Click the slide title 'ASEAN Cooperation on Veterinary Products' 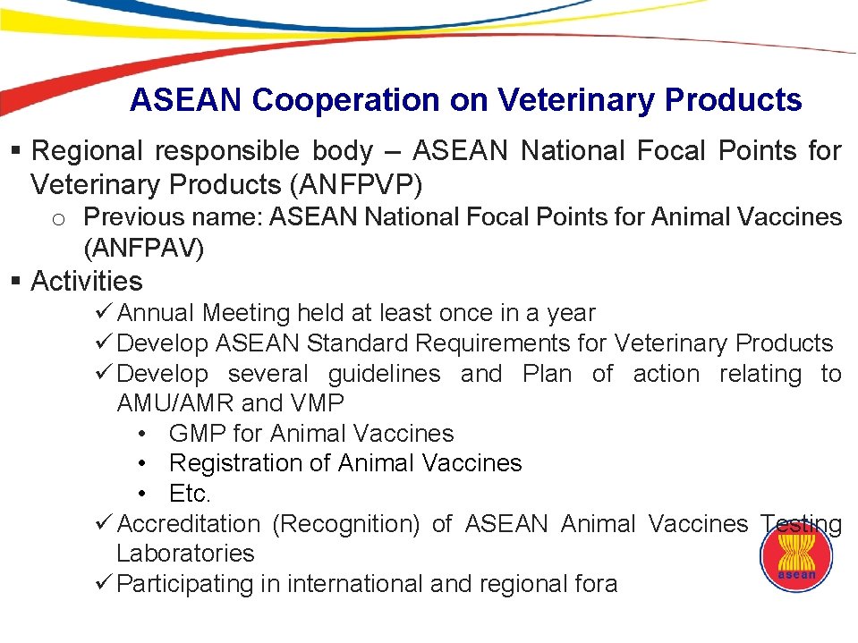tap(465, 100)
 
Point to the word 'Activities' tap(87, 282)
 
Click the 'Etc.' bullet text tap(190, 494)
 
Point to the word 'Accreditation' tap(189, 524)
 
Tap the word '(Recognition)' tap(345, 524)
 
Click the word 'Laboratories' tap(185, 554)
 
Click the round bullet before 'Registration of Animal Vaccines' tap(143, 464)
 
